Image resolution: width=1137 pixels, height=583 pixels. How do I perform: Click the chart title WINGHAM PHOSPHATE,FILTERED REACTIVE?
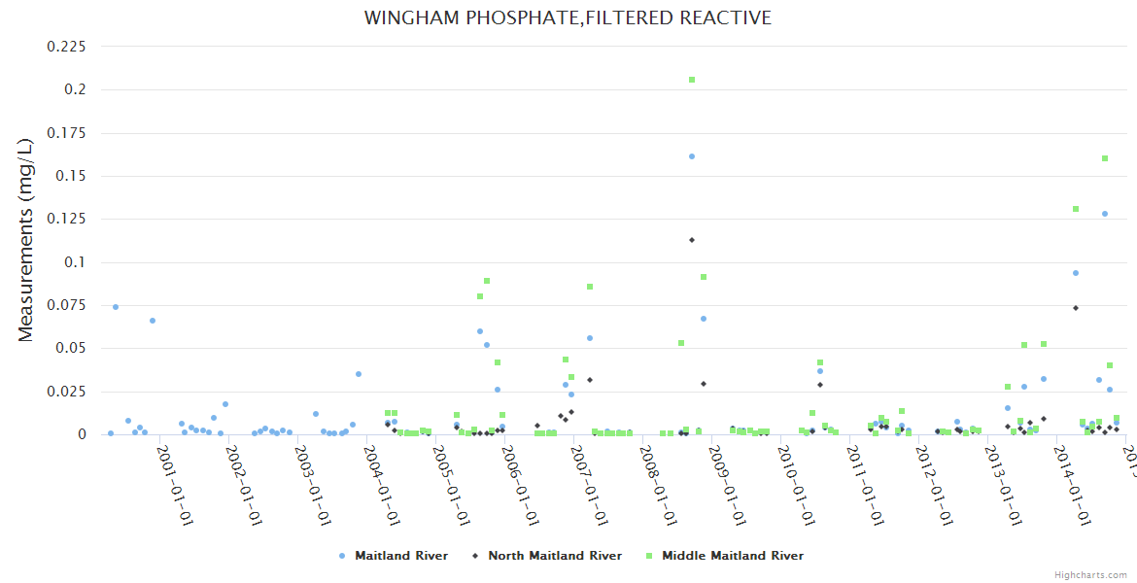pyautogui.click(x=568, y=18)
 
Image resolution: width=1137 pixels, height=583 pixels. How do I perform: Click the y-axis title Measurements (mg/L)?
pyautogui.click(x=26, y=239)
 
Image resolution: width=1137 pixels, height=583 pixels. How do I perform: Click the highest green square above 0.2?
pyautogui.click(x=692, y=80)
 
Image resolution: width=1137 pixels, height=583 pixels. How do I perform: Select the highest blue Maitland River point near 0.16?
pyautogui.click(x=692, y=156)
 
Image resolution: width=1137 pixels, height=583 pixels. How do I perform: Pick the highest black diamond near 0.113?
pyautogui.click(x=692, y=240)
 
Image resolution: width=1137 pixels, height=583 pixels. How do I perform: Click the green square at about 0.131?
pyautogui.click(x=1076, y=209)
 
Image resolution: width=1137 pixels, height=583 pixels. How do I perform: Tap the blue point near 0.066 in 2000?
pyautogui.click(x=153, y=321)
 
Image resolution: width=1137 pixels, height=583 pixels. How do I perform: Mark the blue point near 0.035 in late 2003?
pyautogui.click(x=359, y=374)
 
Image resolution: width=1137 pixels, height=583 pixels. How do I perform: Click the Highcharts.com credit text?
pyautogui.click(x=1090, y=575)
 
